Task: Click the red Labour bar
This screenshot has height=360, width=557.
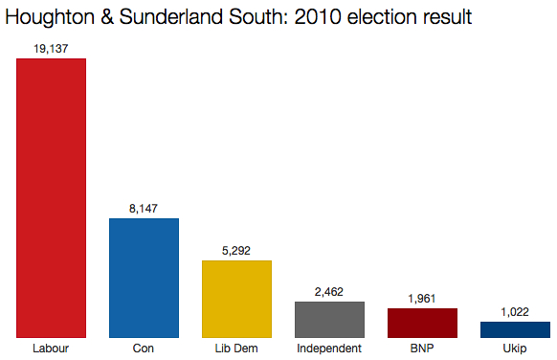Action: tap(52, 198)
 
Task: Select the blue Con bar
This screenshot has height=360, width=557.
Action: tap(144, 278)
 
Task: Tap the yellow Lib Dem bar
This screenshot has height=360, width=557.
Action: tap(236, 299)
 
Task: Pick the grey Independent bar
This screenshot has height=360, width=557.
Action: tap(329, 320)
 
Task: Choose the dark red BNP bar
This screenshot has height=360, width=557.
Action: tap(422, 323)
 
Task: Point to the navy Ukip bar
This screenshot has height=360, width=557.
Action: tap(515, 329)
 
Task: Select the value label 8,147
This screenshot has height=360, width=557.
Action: tap(144, 208)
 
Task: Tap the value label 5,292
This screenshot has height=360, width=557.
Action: tap(236, 250)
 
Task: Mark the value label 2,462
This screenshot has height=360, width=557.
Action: tap(329, 291)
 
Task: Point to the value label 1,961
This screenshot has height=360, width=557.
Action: tap(422, 298)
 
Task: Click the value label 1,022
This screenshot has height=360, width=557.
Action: tap(515, 311)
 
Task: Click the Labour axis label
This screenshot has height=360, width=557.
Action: tap(52, 348)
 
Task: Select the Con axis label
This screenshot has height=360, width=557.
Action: tap(144, 348)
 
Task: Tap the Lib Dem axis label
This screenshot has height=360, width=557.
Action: tap(236, 348)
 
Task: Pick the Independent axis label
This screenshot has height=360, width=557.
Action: tap(329, 348)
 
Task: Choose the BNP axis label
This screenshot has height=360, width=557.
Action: tap(422, 348)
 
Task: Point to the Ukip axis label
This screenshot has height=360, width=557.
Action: tap(515, 348)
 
